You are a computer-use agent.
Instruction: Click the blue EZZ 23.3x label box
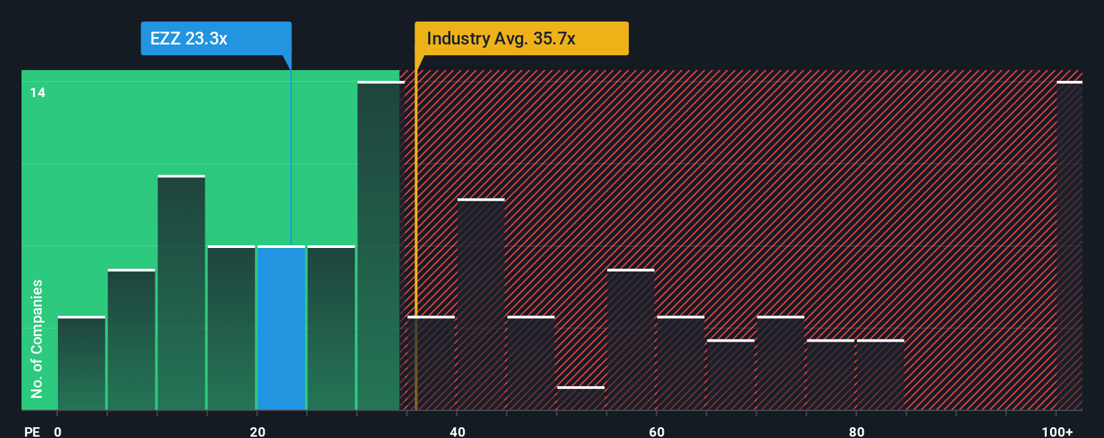[215, 38]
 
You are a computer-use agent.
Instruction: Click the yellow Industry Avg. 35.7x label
[521, 38]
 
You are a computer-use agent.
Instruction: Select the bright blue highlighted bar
[281, 328]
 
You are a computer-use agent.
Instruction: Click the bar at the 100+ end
[1069, 246]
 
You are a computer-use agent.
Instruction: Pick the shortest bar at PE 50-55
[581, 398]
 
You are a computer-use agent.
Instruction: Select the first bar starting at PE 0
[81, 363]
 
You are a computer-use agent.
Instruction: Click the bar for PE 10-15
[181, 293]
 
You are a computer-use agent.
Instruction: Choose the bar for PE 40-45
[481, 305]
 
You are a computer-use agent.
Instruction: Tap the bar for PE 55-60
[631, 340]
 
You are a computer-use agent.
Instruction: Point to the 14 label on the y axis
[38, 93]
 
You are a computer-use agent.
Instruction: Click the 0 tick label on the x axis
[58, 431]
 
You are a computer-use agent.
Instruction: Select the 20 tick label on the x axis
[257, 431]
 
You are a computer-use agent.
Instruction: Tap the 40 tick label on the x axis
[457, 431]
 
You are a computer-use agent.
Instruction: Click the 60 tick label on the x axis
[656, 431]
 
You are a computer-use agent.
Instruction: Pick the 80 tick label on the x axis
[856, 431]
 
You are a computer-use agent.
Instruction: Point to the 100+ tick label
[1057, 431]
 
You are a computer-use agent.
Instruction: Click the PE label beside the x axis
[32, 431]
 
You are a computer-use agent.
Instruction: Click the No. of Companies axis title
[37, 338]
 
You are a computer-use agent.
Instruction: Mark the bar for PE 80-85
[881, 375]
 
